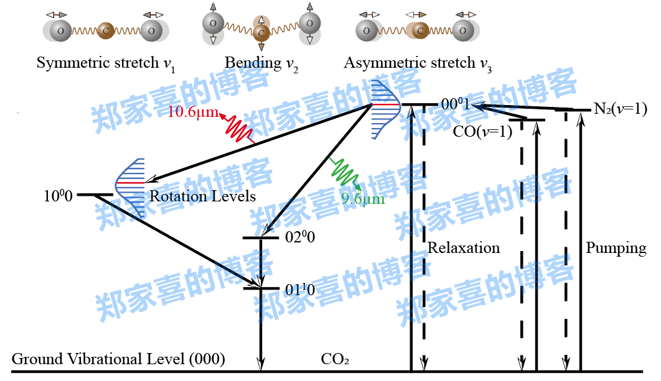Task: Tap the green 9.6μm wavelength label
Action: [x=363, y=199]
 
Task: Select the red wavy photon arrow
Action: [x=236, y=129]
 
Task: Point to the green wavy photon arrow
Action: [x=346, y=173]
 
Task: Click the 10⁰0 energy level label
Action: [x=58, y=196]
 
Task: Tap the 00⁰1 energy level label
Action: [x=456, y=104]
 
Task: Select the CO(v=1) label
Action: [x=482, y=131]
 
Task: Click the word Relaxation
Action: [x=463, y=248]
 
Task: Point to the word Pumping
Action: [x=616, y=248]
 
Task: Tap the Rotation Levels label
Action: [x=203, y=196]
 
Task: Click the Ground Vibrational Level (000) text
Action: [x=118, y=359]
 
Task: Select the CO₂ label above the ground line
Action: [x=335, y=359]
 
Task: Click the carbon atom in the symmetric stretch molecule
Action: [x=106, y=30]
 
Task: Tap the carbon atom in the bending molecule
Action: [x=261, y=32]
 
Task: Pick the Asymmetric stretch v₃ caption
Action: [x=418, y=63]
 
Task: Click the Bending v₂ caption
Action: [x=261, y=63]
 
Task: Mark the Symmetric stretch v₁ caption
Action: [x=106, y=63]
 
